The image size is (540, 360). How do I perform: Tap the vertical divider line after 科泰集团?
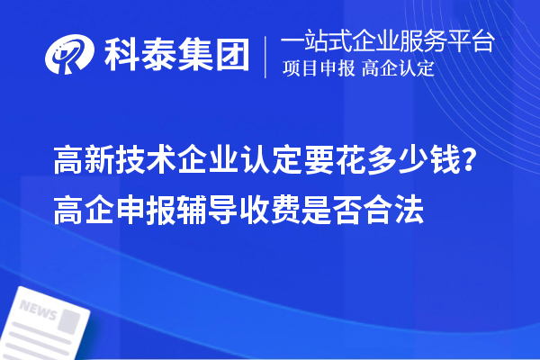tap(265, 55)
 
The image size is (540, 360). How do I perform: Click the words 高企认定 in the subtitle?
tap(398, 69)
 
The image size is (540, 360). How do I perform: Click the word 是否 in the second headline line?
tap(326, 205)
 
